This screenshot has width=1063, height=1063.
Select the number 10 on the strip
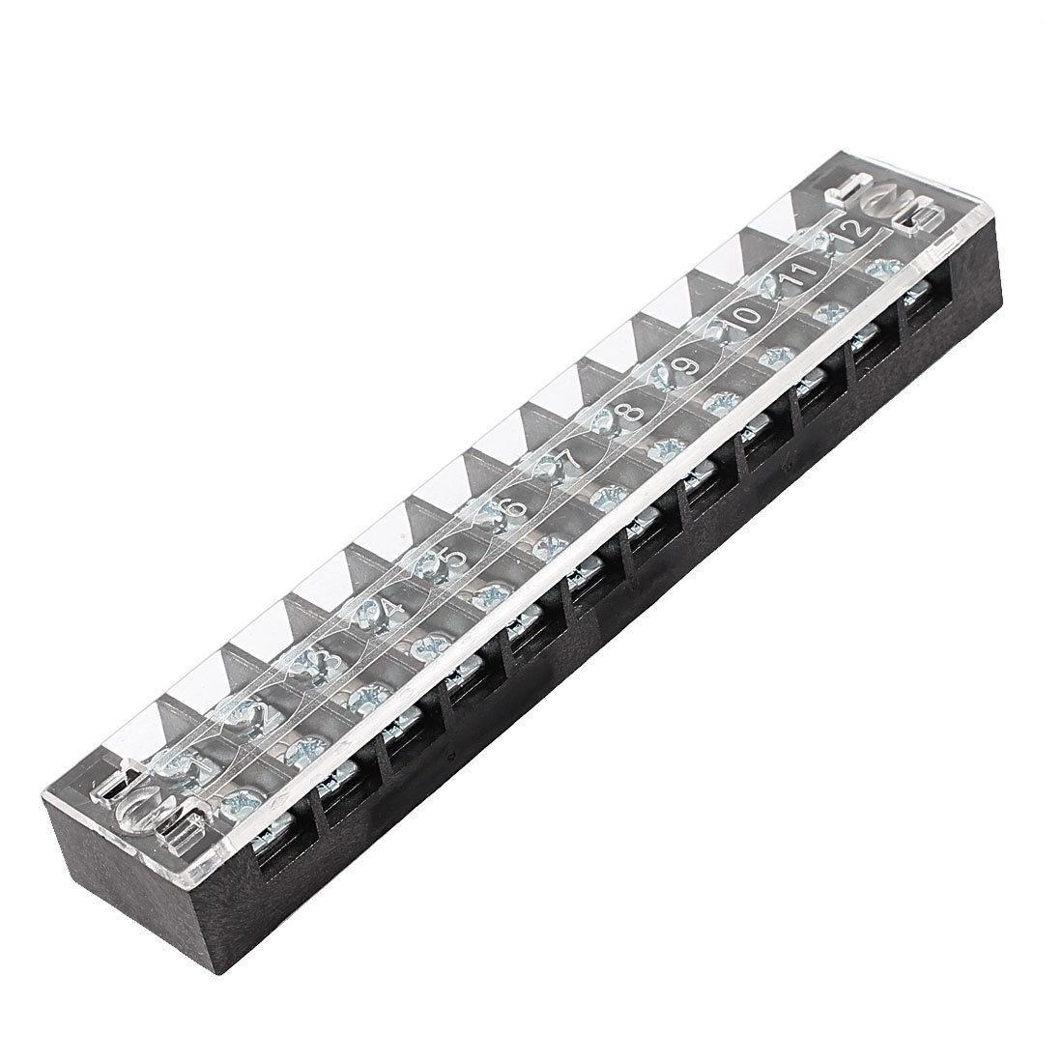pos(745,320)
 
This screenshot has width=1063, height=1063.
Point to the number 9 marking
pos(689,366)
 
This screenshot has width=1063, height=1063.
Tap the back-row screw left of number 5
pos(425,567)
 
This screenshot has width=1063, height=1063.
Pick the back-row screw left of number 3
pos(301,667)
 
